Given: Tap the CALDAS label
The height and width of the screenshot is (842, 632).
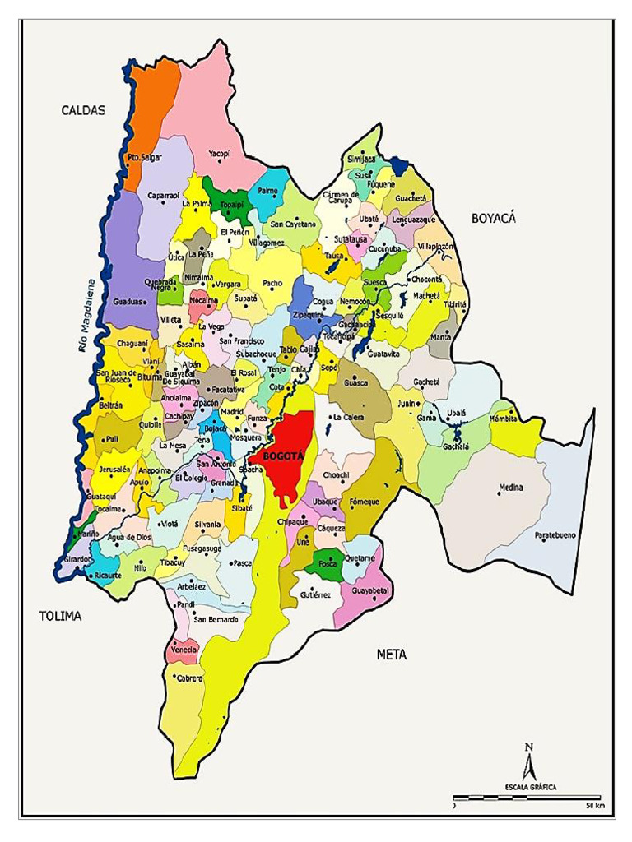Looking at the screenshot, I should click(83, 110).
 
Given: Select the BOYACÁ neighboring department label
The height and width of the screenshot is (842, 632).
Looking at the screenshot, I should click(493, 218).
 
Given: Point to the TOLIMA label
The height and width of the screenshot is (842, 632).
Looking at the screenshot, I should click(61, 616).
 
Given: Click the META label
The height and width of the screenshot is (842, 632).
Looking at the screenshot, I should click(391, 655).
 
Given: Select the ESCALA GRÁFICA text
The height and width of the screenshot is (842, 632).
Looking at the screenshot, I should click(530, 787).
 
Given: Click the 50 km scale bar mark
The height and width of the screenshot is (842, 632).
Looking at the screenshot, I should click(594, 805).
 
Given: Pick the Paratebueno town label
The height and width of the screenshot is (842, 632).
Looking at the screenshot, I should click(555, 535).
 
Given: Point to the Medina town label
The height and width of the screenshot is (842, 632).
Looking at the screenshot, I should click(510, 488).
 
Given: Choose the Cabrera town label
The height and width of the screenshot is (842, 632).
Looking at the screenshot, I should click(189, 678).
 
